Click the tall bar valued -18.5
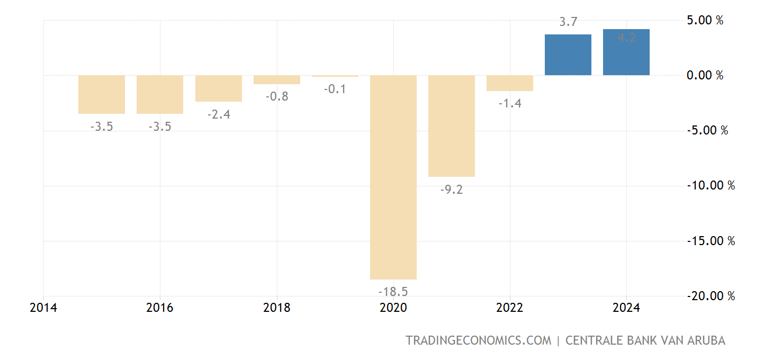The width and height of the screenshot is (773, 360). coord(393,177)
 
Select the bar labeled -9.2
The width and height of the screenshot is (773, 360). coord(452,125)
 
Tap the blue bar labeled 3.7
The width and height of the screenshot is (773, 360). coord(568,55)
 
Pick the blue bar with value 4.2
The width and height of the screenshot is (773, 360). coord(626,52)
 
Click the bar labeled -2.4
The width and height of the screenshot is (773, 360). coord(219,88)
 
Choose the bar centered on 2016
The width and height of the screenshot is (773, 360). coord(160,94)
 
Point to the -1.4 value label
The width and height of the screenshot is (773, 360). coord(510,104)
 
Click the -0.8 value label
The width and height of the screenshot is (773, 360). coord(277,97)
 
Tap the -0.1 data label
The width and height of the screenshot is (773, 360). coord(335,89)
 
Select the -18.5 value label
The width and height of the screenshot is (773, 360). coord(393,292)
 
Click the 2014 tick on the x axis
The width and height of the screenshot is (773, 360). coord(44,308)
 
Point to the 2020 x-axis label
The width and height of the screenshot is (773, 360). coord(393,308)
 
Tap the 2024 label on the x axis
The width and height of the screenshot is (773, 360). coord(626,308)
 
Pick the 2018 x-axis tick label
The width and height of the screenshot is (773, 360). coord(277,308)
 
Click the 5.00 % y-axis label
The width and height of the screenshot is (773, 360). coord(705,21)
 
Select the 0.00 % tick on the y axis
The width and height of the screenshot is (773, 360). coord(705,76)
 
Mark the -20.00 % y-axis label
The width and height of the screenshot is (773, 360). coord(711,296)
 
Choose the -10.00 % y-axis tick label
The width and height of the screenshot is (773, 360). coord(711,186)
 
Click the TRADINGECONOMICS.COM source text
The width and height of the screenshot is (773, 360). coord(479,340)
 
